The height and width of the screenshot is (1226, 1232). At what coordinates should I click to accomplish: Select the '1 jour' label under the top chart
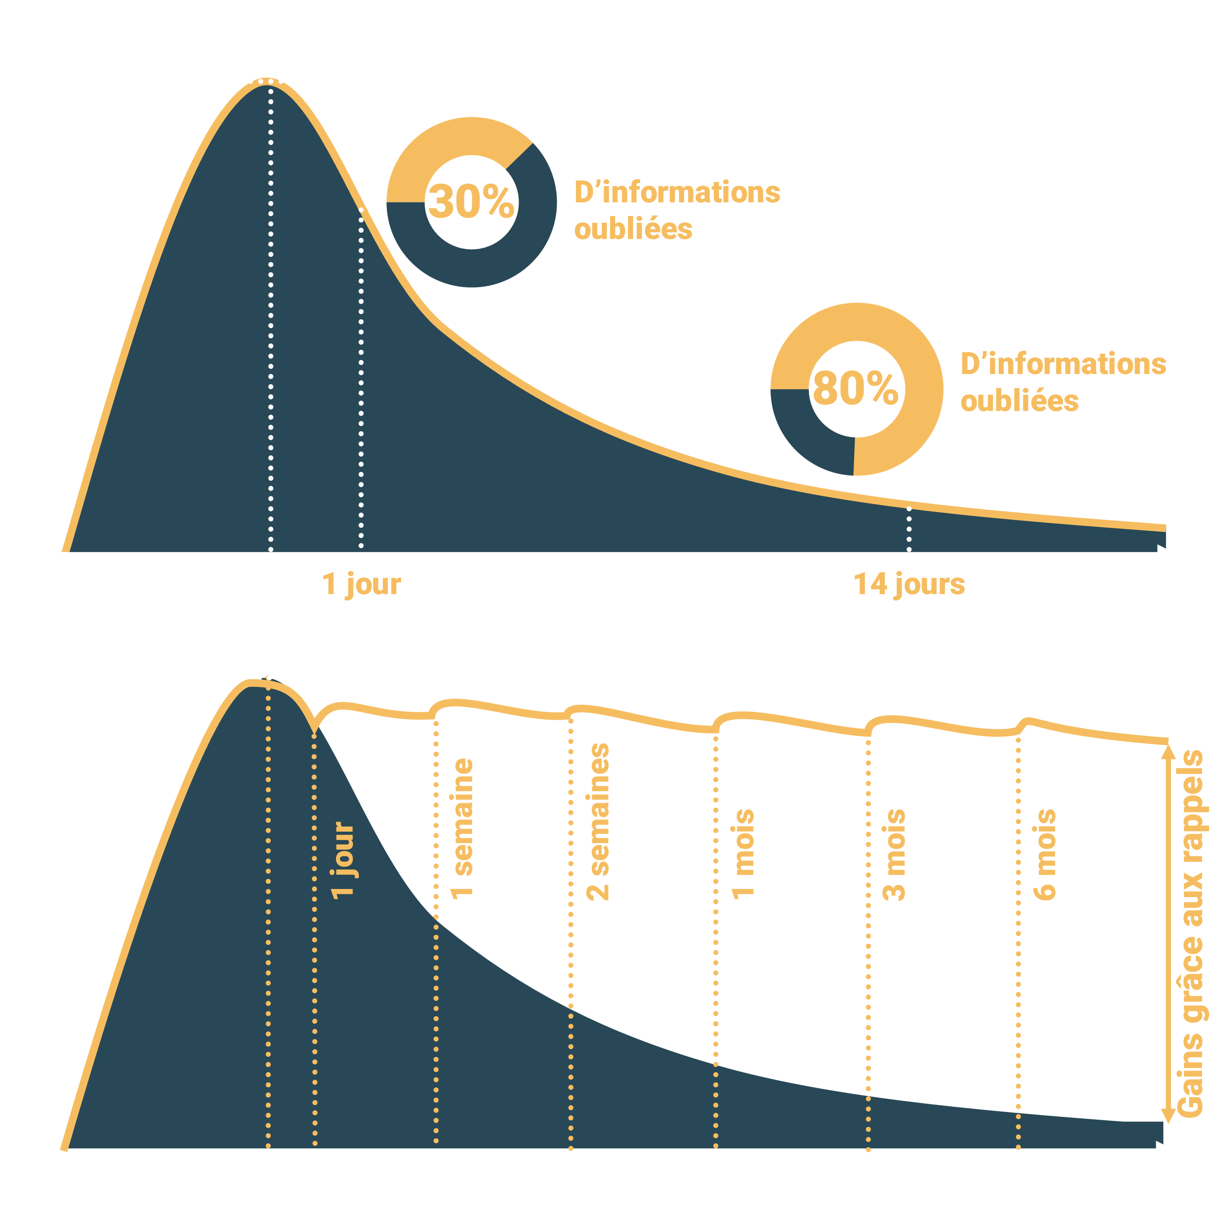pyautogui.click(x=362, y=584)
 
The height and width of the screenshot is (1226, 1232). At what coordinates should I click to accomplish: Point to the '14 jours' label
pyautogui.click(x=909, y=584)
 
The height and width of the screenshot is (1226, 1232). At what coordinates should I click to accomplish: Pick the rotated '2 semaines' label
pyautogui.click(x=598, y=822)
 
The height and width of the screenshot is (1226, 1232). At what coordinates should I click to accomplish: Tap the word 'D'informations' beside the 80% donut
pyautogui.click(x=1064, y=364)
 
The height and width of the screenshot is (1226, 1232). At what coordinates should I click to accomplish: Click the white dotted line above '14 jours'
pyautogui.click(x=909, y=529)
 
